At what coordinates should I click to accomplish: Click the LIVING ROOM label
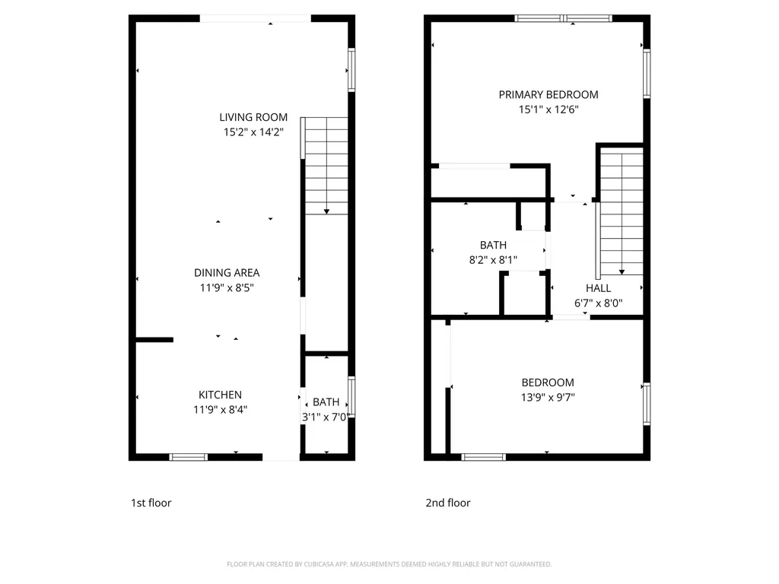click(x=253, y=117)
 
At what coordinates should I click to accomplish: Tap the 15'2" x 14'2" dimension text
click(x=253, y=132)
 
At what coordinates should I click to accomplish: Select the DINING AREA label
click(x=227, y=273)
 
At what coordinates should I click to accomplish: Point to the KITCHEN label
click(x=220, y=395)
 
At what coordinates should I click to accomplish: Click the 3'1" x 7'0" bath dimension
click(x=326, y=417)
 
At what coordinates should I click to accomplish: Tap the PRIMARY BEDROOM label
click(x=548, y=95)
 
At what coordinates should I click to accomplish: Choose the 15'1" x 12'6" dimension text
click(x=548, y=109)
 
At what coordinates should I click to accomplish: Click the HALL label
click(x=598, y=288)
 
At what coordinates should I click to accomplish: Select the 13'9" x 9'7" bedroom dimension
click(x=548, y=397)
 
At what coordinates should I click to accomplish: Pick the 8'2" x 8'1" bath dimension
click(x=493, y=260)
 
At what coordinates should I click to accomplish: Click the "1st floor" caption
click(x=151, y=503)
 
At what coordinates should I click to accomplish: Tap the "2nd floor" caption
click(x=447, y=503)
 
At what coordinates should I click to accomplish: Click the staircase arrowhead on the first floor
click(x=326, y=211)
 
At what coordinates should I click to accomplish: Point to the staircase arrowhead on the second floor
click(x=622, y=272)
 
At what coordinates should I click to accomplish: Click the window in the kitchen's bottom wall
click(x=189, y=457)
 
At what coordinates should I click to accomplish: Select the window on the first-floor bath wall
click(x=351, y=396)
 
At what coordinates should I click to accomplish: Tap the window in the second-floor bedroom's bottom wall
click(x=483, y=457)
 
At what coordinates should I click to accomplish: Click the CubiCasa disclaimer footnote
click(x=389, y=564)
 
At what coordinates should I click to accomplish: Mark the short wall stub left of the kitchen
click(x=154, y=340)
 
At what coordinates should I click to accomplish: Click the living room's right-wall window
click(x=351, y=70)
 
